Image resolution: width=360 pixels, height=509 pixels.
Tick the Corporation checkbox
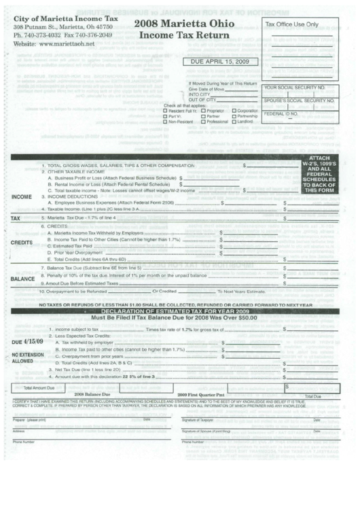coord(235,111)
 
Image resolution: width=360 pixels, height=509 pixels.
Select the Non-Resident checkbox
coord(164,122)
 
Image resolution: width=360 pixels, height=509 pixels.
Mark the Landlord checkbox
coord(235,122)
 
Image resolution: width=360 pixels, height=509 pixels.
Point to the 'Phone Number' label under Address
coord(23,442)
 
